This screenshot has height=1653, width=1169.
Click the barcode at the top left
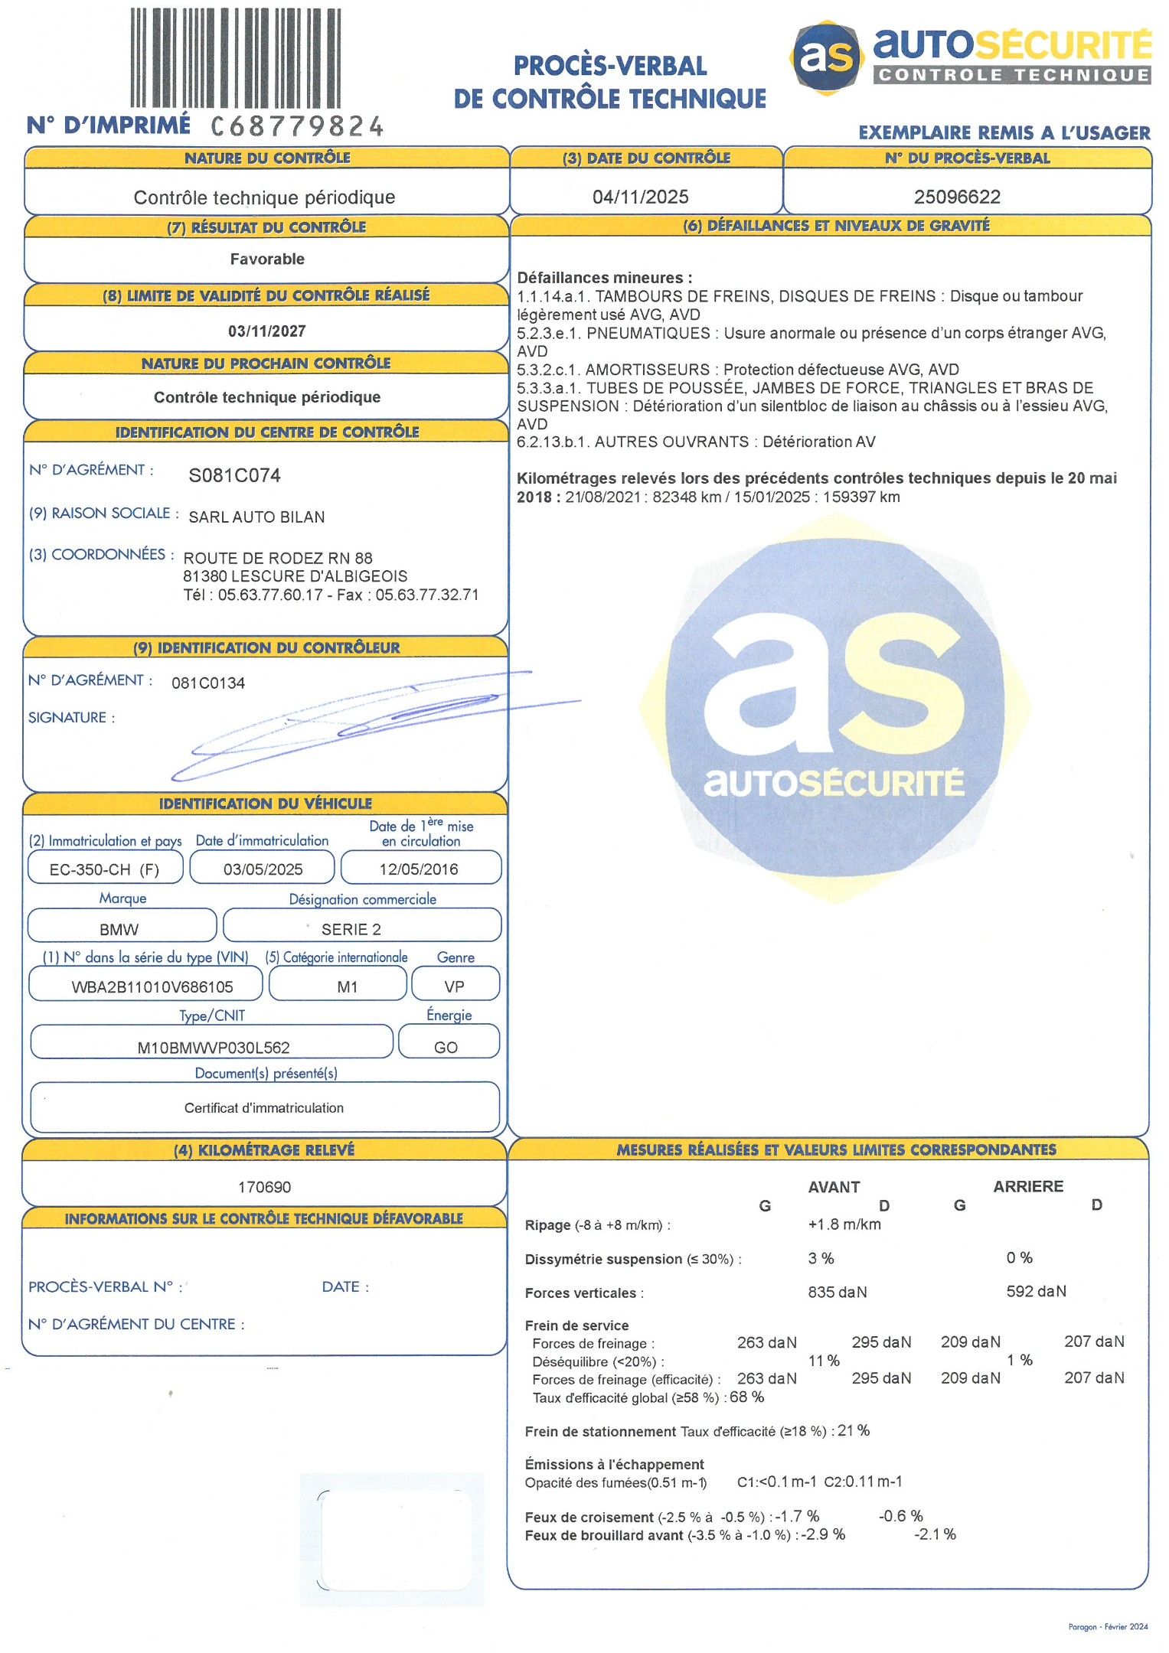coord(235,58)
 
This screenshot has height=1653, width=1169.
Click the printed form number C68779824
coord(297,126)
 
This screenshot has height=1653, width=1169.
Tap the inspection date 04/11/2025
coord(640,197)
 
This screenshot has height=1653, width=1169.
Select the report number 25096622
coord(957,197)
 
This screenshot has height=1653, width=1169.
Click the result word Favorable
coord(267,259)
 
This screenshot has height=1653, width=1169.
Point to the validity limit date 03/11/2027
coord(267,331)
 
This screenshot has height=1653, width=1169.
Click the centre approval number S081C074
coord(234,475)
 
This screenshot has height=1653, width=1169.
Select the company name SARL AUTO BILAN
coord(256,517)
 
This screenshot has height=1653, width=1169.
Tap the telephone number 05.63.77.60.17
coord(270,595)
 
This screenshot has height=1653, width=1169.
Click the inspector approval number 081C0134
coord(208,683)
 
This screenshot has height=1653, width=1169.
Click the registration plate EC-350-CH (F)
coord(105,869)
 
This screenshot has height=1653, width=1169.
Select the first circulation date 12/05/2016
coord(419,869)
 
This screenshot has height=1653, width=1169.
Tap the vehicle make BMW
coord(119,930)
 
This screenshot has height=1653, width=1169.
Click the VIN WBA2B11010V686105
coord(152,987)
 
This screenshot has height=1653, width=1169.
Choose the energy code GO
coord(446,1048)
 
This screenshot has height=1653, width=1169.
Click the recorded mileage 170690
coord(265,1187)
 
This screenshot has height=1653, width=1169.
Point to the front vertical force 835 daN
coord(838,1293)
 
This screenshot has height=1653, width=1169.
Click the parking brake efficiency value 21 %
coord(854,1431)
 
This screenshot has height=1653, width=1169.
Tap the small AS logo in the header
coord(826,57)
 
